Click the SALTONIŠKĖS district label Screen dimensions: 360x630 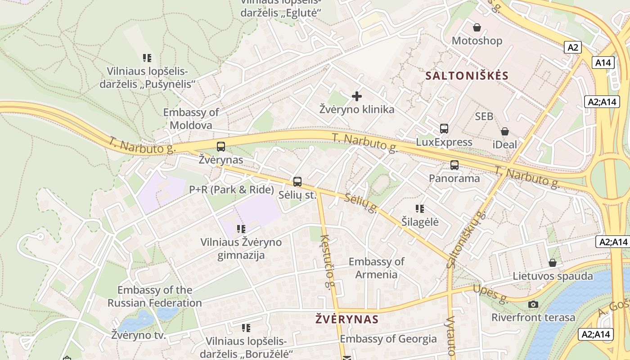point(467,76)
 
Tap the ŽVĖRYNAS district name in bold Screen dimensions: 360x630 point(346,319)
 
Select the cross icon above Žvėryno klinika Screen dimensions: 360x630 point(357,96)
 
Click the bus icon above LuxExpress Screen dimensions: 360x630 point(444,129)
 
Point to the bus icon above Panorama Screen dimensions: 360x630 point(454,165)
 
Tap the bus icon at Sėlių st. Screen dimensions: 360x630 point(297,182)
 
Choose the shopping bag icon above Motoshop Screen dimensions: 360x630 point(477,28)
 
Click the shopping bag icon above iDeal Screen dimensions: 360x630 point(505,131)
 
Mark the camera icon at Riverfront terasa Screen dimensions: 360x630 point(533,305)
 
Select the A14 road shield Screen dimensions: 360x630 point(603,63)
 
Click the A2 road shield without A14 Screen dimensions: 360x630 point(573,47)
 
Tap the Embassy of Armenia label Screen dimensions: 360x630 point(376,268)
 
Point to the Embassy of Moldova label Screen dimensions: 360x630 point(191,119)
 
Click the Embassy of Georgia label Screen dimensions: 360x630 point(388,339)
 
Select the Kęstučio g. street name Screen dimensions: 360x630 point(328,261)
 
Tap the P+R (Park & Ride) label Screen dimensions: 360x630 point(231,190)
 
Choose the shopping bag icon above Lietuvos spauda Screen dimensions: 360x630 point(552,263)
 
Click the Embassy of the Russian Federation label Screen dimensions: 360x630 point(154,296)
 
